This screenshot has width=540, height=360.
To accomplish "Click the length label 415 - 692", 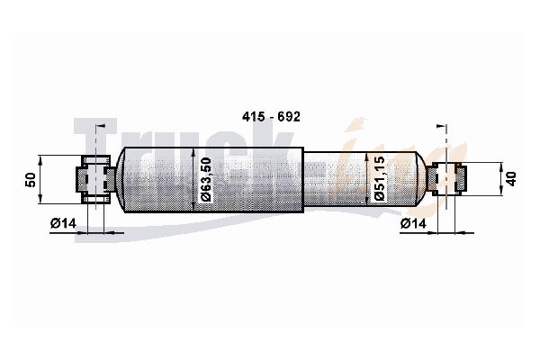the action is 271,117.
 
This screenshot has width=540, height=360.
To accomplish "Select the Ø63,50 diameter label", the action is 205,179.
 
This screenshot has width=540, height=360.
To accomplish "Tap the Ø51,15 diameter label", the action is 379,178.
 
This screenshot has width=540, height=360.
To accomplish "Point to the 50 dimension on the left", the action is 31,180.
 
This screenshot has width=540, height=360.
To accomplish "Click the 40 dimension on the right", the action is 511,179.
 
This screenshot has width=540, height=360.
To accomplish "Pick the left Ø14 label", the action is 63,223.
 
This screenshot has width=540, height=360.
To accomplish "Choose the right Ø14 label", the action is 413,223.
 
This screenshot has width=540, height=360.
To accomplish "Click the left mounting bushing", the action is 96,179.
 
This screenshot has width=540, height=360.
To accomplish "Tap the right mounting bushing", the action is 446,179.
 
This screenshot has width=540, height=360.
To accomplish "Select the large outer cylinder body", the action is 213,180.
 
